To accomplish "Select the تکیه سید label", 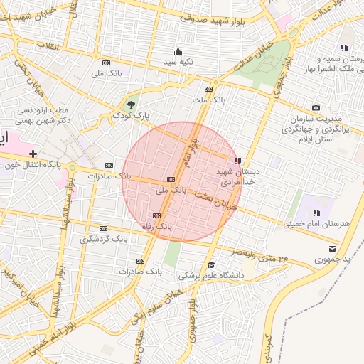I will coord(178,63).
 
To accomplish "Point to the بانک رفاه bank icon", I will coord(156,215).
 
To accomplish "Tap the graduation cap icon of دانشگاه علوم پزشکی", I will coord(210,264).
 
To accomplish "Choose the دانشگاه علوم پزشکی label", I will coord(210,274).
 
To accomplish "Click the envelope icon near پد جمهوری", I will coord(333,248).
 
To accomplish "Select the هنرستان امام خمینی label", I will coord(317,223).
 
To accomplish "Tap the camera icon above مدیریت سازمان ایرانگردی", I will coord(316,107).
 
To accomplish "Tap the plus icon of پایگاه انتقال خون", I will coord(33,154).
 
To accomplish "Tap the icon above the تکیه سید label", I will coord(178,51).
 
